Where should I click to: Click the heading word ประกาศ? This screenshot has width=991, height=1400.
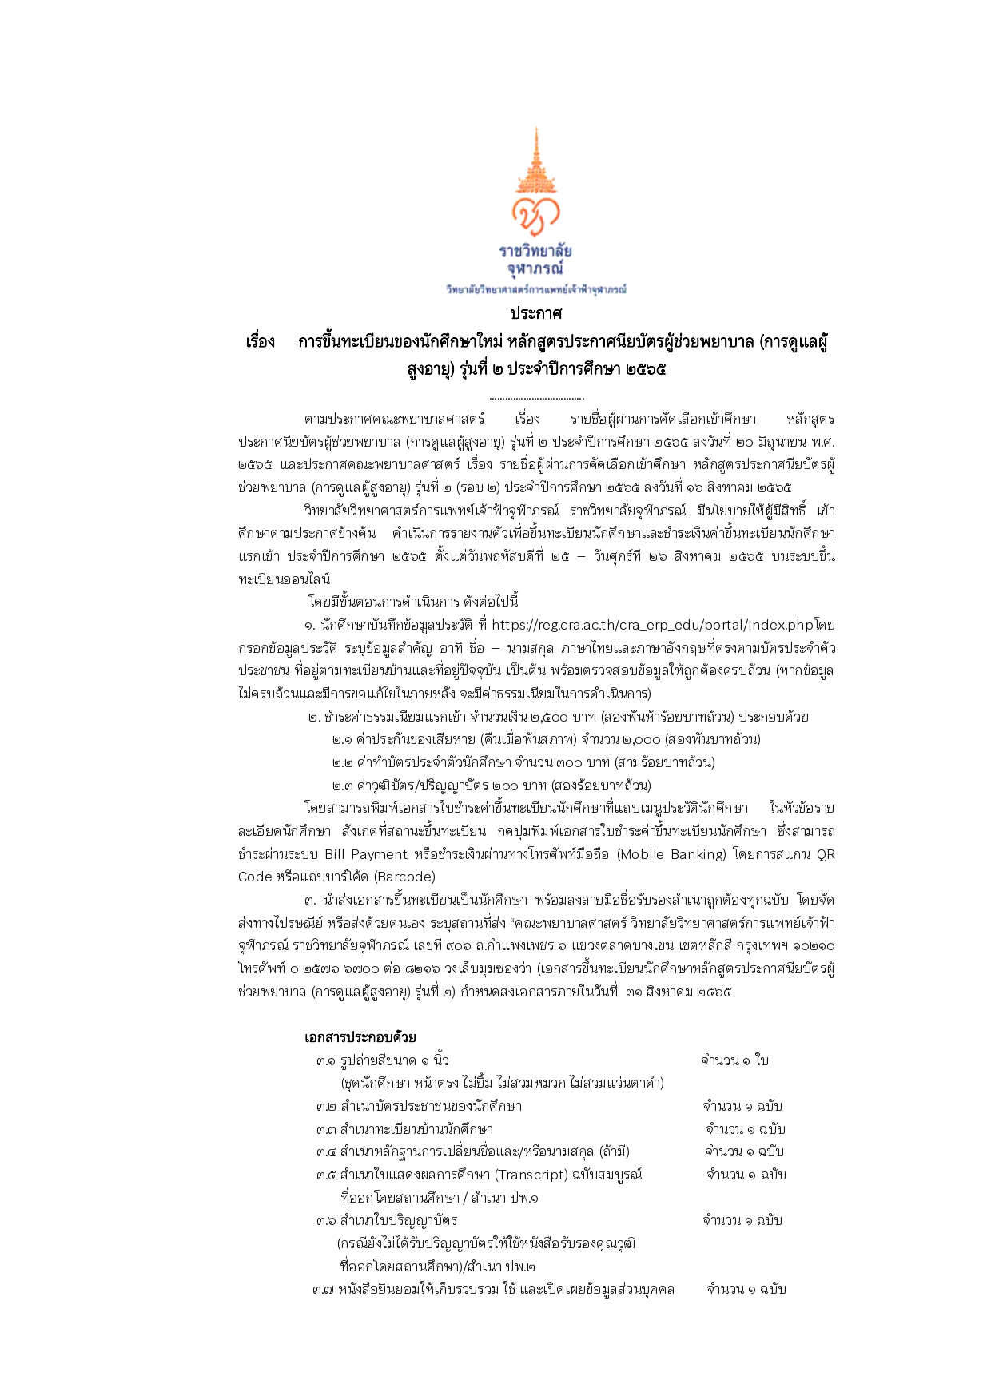[535, 312]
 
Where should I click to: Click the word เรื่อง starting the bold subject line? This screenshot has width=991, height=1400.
[261, 342]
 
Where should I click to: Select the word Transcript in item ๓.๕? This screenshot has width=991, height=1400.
[531, 1175]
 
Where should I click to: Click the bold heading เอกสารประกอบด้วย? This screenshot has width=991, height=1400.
[360, 1037]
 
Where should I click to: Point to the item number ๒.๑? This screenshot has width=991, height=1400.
[343, 739]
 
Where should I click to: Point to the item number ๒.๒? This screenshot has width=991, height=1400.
[343, 762]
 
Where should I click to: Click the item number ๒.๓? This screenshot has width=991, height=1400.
[343, 786]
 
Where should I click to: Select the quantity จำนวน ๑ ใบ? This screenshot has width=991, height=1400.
[734, 1060]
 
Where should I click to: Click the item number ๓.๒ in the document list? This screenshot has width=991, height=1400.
[326, 1106]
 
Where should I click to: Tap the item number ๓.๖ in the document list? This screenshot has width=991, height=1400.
[326, 1220]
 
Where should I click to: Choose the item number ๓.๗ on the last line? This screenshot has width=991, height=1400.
[323, 1289]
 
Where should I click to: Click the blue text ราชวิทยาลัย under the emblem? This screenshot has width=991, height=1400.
[535, 251]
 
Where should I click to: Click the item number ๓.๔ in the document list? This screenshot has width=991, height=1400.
[326, 1151]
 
